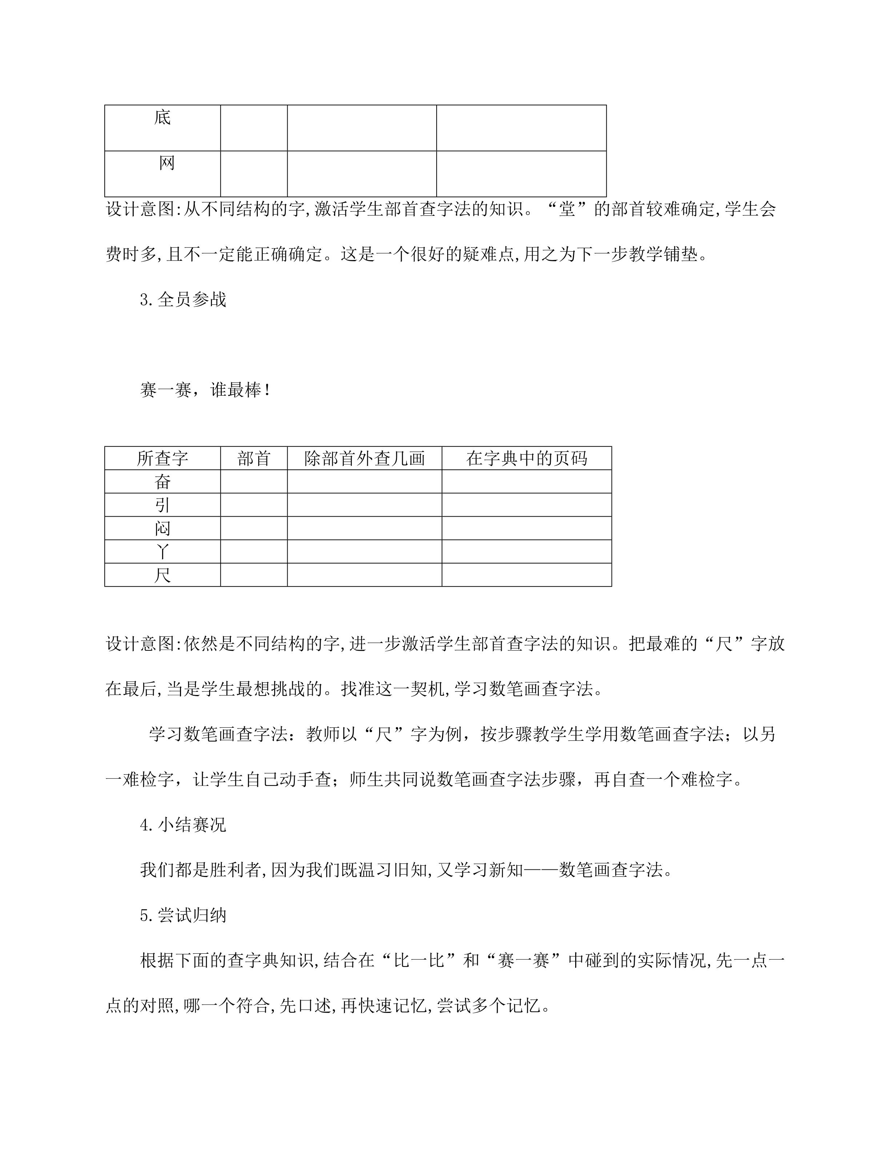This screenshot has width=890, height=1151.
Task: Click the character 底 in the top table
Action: point(163,117)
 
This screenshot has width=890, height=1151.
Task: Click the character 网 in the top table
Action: point(167,163)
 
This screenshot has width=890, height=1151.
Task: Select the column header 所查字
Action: point(163,458)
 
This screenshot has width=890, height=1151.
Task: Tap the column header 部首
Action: point(254,458)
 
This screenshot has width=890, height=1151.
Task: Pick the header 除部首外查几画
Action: point(364,458)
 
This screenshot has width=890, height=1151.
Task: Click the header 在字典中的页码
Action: point(526,458)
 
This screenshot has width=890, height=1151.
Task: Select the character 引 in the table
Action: point(163,505)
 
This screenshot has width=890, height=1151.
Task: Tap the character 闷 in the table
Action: point(163,528)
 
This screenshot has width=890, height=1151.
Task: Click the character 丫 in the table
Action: point(163,551)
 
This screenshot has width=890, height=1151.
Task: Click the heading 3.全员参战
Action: point(183,300)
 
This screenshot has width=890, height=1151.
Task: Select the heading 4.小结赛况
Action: point(183,825)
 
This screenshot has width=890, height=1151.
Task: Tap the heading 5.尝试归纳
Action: point(183,916)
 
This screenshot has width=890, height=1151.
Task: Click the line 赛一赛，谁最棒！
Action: point(206,391)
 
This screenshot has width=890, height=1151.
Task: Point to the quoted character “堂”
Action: point(567,209)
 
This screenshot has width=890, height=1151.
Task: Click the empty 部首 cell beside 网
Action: point(254,174)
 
